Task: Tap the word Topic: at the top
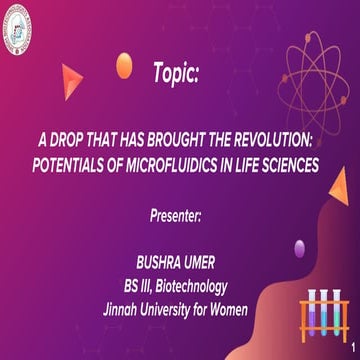tap(177, 73)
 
